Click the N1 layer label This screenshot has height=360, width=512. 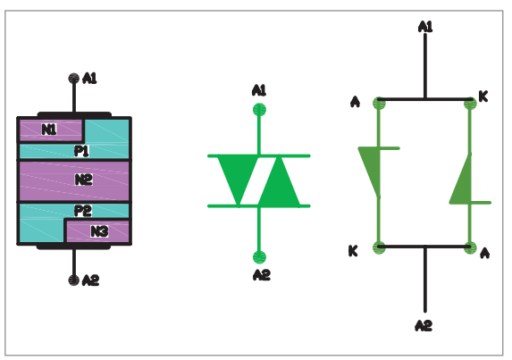pos(49,130)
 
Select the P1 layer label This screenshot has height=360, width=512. pos(81,151)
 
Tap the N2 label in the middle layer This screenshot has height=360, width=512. pos(84,180)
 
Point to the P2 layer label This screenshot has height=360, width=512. pos(82,211)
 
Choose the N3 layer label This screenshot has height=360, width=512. pos(99,231)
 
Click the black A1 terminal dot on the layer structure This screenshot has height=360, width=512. pos(74,79)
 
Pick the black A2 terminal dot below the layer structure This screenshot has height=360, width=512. pos(74,280)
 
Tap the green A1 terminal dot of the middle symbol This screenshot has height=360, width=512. pos(260,109)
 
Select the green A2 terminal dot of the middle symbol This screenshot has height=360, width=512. pos(260,257)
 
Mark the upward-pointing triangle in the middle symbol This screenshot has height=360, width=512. pos(279,186)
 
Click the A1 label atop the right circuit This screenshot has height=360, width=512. pos(425,27)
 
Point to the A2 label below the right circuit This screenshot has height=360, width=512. pos(424,325)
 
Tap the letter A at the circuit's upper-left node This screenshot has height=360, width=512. pos(355,102)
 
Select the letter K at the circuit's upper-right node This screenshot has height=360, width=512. pos(483,96)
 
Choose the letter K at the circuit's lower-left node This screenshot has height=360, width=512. pos(353,251)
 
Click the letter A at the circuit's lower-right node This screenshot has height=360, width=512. pos(485,253)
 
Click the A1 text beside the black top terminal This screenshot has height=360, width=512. pos(89,79)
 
